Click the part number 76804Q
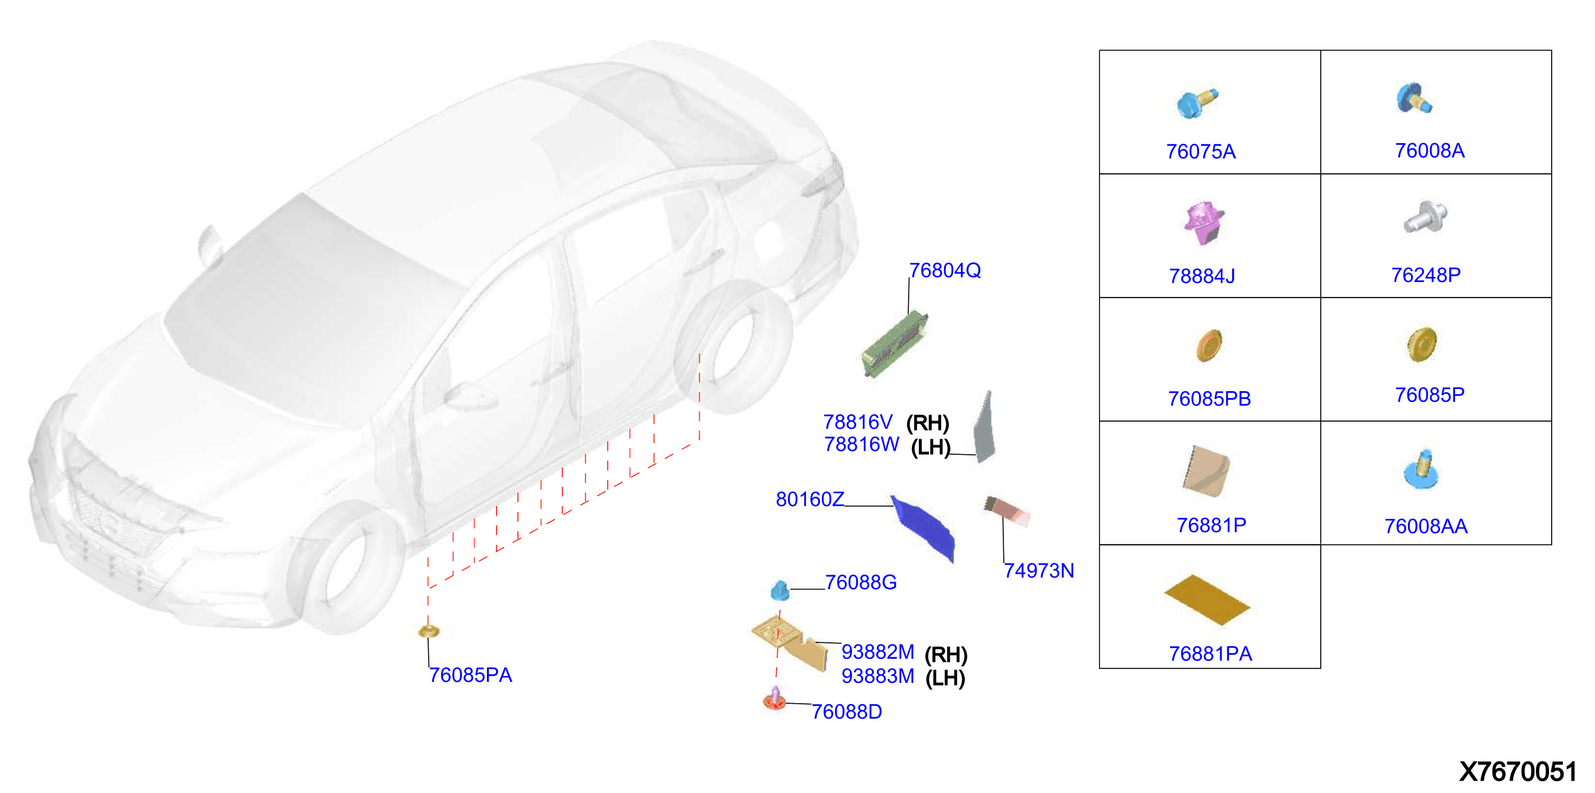click(x=944, y=270)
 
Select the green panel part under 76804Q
click(x=895, y=344)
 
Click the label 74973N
click(x=1039, y=571)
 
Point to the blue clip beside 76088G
click(x=779, y=590)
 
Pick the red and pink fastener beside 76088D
click(x=775, y=699)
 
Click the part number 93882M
click(x=877, y=652)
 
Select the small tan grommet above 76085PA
click(x=429, y=631)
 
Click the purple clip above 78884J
click(x=1204, y=223)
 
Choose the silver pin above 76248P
click(x=1424, y=216)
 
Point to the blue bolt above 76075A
click(x=1197, y=103)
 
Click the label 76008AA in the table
click(x=1426, y=526)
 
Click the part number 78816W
click(x=861, y=445)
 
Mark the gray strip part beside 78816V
click(x=985, y=426)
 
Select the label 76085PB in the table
click(x=1209, y=399)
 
